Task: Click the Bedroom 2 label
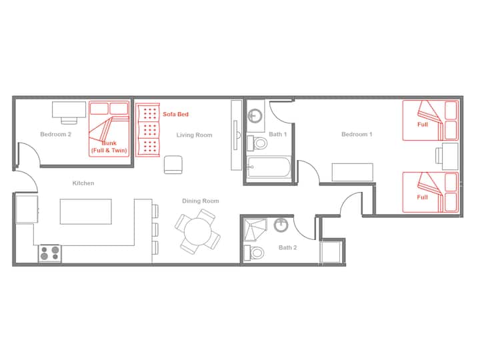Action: [56, 134]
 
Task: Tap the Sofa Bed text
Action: [175, 114]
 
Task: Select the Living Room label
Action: [194, 135]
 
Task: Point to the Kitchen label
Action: [83, 183]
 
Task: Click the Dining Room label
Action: [201, 201]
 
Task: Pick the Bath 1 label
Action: [277, 134]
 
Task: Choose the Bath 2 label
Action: [287, 247]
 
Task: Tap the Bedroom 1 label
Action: [357, 134]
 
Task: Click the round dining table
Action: [198, 231]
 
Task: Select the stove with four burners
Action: [50, 253]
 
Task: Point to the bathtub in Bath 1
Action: [269, 167]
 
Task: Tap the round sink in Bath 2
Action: [281, 225]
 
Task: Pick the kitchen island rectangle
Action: [86, 211]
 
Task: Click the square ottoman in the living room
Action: [173, 165]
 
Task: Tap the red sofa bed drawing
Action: [148, 130]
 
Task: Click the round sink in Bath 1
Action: [255, 115]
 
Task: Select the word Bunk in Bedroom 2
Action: [109, 143]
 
